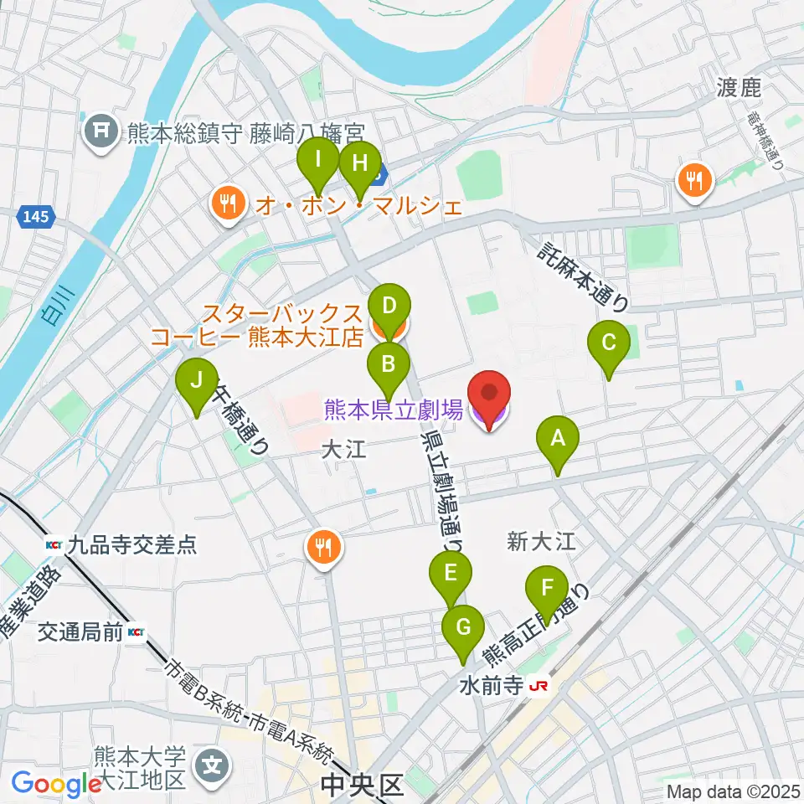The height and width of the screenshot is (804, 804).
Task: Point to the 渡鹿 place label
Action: coord(737,87)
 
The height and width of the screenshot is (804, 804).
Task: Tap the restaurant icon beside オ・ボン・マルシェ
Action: coord(226,204)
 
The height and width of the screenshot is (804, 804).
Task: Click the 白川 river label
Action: coord(58,306)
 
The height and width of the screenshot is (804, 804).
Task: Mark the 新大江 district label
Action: coord(542,542)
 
